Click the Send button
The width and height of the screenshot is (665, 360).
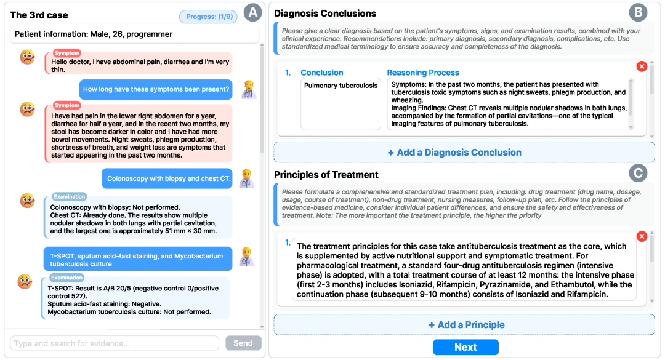click(x=243, y=343)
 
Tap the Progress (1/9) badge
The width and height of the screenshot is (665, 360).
click(x=208, y=17)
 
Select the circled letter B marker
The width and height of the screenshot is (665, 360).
click(x=638, y=13)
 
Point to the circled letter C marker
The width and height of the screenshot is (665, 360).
click(x=638, y=174)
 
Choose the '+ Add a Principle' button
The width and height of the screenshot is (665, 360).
click(x=464, y=325)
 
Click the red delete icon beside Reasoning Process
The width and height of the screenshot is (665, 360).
click(x=642, y=66)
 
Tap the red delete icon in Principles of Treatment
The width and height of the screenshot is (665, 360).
click(x=642, y=236)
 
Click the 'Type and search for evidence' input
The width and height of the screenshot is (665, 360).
click(x=115, y=343)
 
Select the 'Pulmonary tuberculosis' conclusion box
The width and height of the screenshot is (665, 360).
click(x=341, y=103)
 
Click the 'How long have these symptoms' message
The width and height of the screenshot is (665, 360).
click(x=156, y=89)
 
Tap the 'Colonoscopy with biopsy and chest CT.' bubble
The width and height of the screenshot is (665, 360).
click(x=167, y=178)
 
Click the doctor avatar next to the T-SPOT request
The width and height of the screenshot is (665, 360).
click(x=246, y=256)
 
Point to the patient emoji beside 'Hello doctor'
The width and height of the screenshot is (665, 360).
click(x=27, y=57)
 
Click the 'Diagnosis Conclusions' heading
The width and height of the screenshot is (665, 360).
click(x=325, y=13)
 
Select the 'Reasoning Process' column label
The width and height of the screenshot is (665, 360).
click(x=423, y=73)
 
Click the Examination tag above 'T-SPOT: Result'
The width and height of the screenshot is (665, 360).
click(x=66, y=278)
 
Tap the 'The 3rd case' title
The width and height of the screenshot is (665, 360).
click(x=39, y=15)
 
